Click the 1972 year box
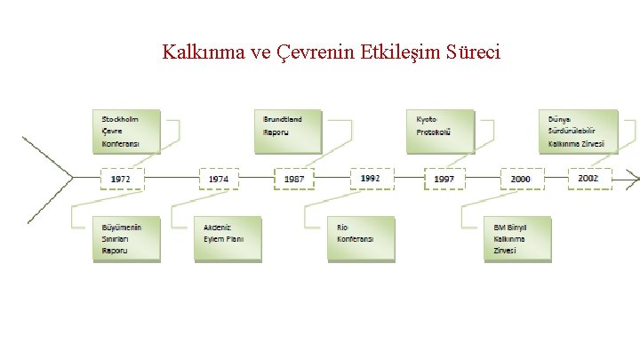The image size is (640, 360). pos(121,179)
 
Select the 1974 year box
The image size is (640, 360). pos(219,179)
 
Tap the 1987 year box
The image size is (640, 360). pos(294,179)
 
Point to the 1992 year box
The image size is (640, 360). pos(371,178)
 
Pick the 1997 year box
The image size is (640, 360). pos(444,179)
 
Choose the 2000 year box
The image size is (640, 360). pos(521,179)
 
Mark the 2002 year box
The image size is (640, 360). pos(588,178)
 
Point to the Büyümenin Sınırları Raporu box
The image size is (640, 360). pos(126,239)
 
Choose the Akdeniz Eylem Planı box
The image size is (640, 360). pos(228,237)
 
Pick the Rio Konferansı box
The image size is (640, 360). pos(360,237)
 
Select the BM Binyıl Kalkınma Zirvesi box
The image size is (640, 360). pos(516,238)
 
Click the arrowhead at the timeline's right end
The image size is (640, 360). pos(633,179)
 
